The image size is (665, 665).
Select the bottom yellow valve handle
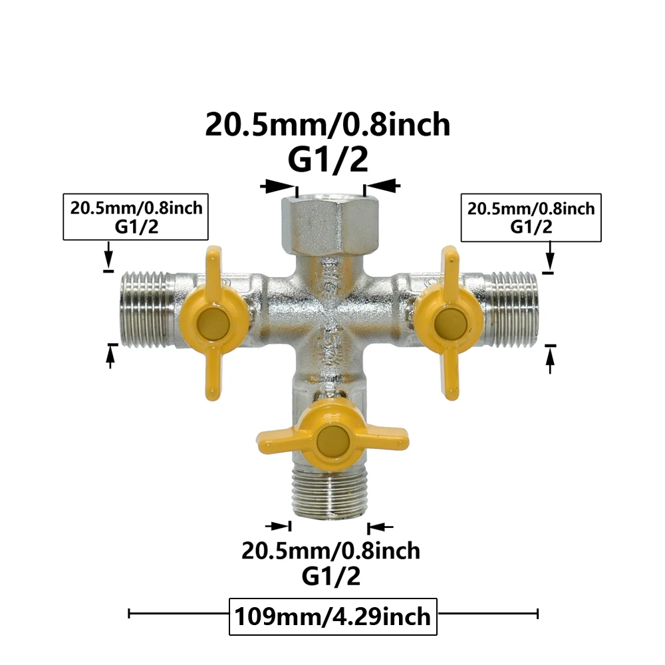click(x=332, y=438)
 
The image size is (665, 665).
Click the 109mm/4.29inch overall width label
click(x=332, y=616)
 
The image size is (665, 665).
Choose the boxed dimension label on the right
click(x=531, y=217)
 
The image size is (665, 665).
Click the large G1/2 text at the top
click(x=328, y=160)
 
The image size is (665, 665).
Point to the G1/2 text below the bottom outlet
click(x=331, y=576)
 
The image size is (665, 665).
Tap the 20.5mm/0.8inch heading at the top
click(x=327, y=125)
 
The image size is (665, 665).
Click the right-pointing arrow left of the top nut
click(x=277, y=186)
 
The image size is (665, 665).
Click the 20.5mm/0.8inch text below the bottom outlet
click(x=331, y=551)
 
